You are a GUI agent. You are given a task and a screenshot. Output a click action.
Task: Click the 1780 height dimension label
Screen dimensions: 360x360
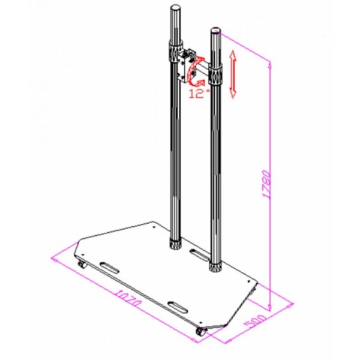(266, 184)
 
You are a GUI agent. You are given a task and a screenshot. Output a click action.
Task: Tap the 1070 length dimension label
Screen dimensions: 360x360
(127, 298)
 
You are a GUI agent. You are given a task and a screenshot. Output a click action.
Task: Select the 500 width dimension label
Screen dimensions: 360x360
(255, 321)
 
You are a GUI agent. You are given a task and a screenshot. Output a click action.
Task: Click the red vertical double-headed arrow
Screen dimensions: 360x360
(233, 74)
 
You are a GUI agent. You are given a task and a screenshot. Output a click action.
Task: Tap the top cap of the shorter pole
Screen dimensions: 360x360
(215, 31)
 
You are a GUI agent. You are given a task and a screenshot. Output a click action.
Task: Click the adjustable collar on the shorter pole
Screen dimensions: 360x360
(215, 74)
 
